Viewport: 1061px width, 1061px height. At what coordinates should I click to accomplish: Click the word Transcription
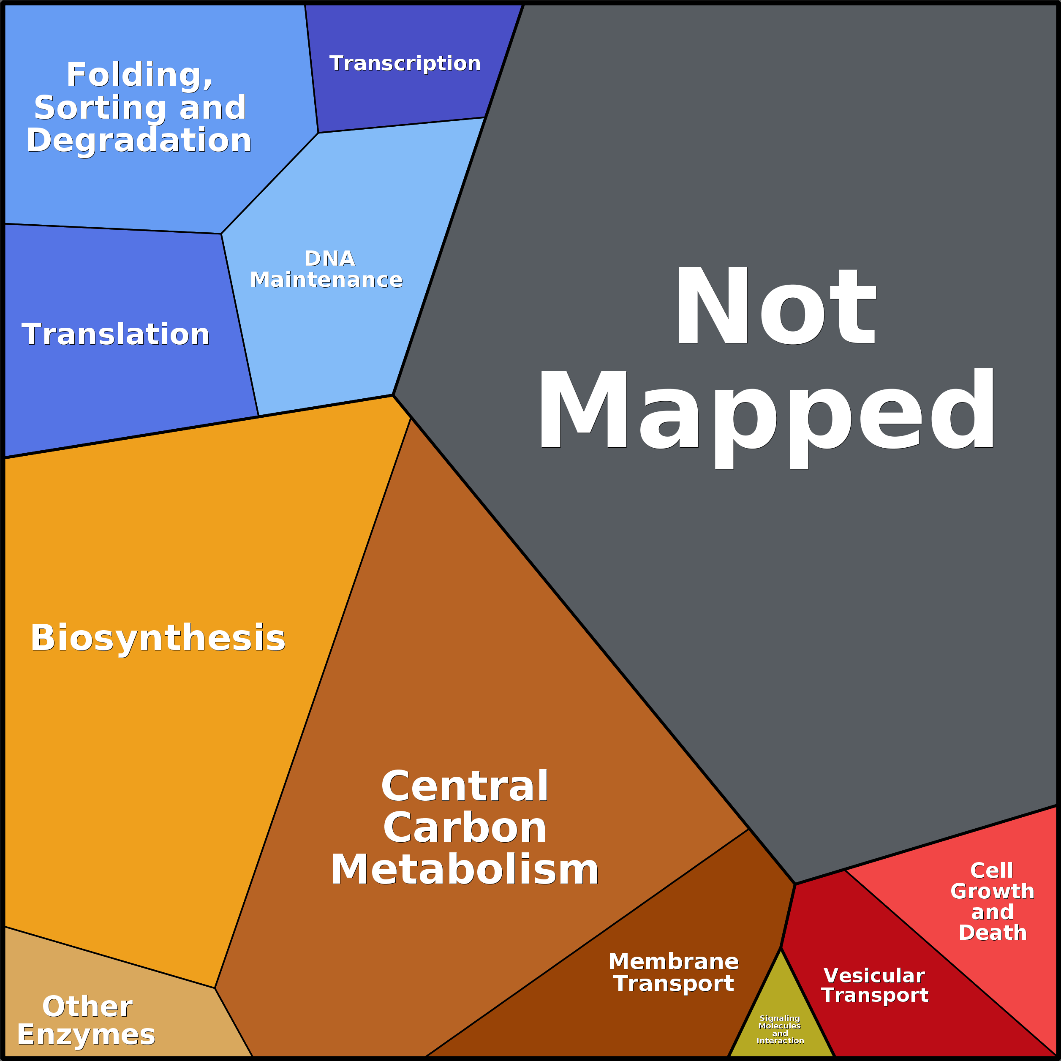[x=405, y=64]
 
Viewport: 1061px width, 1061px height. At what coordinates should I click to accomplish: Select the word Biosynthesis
[x=158, y=639]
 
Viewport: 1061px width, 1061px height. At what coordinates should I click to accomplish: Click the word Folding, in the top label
[x=139, y=75]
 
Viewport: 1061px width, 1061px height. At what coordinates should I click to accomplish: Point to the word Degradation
[x=139, y=141]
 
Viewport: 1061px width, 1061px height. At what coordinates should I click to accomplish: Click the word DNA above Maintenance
[x=329, y=258]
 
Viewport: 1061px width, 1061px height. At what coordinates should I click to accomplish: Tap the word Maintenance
[x=326, y=280]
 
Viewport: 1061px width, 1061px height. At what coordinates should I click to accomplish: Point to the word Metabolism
[x=464, y=871]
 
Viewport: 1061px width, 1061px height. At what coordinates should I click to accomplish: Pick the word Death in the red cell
[x=992, y=933]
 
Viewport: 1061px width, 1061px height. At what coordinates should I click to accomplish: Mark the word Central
[x=465, y=786]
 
